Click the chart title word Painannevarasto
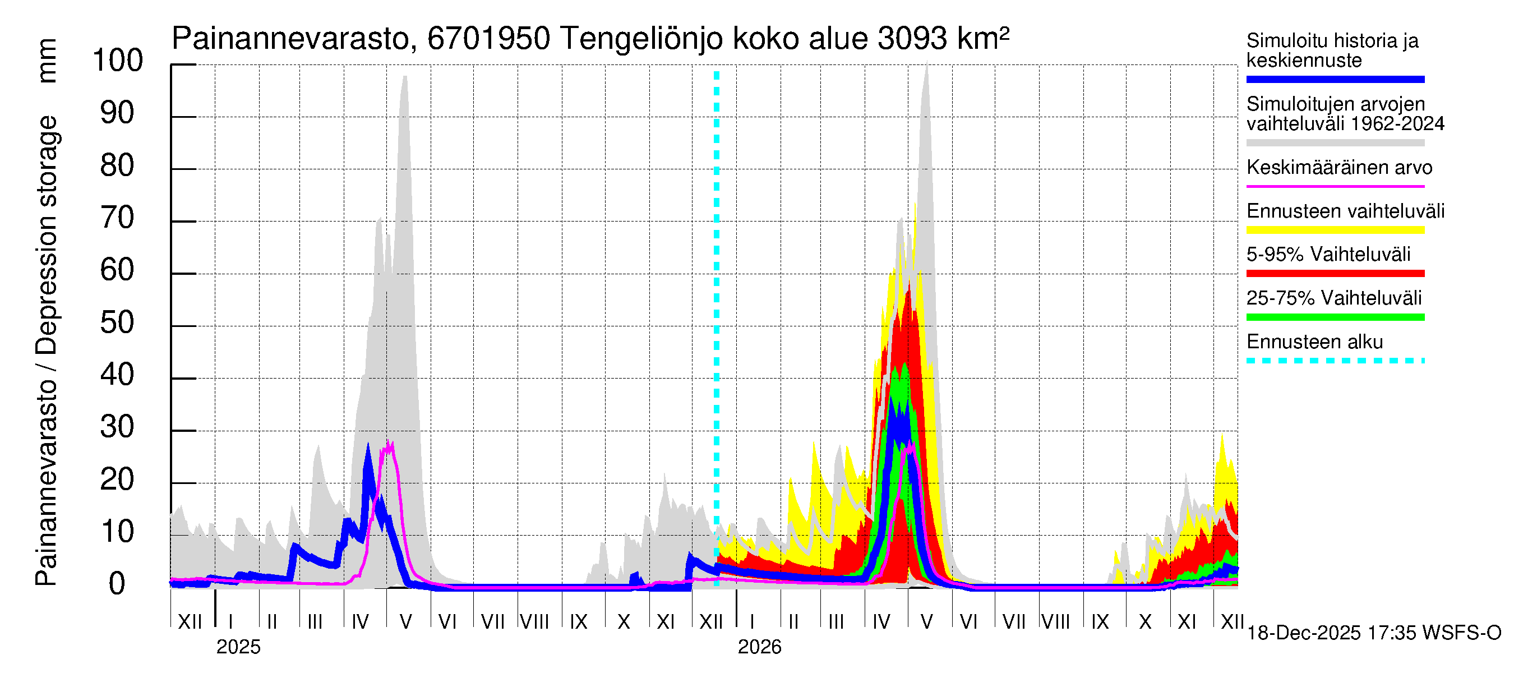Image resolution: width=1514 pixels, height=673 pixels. [x=290, y=39]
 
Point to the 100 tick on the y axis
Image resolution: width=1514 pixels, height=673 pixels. [x=118, y=61]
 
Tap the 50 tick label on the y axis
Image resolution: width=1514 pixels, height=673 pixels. [x=118, y=322]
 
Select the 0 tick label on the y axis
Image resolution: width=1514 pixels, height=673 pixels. [x=117, y=584]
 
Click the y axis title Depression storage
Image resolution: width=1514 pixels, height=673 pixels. [x=47, y=235]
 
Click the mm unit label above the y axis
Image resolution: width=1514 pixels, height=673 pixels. [x=47, y=61]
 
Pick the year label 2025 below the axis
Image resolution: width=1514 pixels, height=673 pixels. [x=238, y=647]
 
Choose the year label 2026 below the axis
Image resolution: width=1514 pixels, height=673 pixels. [x=759, y=647]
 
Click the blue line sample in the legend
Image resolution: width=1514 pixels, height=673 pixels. [x=1335, y=79]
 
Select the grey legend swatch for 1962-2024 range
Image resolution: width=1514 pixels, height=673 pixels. [x=1335, y=143]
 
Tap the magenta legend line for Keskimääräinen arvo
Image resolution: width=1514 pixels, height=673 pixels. [x=1335, y=186]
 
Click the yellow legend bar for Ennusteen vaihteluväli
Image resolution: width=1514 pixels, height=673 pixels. [x=1335, y=230]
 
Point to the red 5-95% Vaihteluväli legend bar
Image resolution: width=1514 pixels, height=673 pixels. [x=1335, y=273]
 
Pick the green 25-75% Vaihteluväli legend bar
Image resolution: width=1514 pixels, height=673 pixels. [x=1335, y=317]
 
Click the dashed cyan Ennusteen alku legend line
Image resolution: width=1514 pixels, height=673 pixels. [x=1335, y=361]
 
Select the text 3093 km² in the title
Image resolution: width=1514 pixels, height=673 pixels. [x=943, y=39]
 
